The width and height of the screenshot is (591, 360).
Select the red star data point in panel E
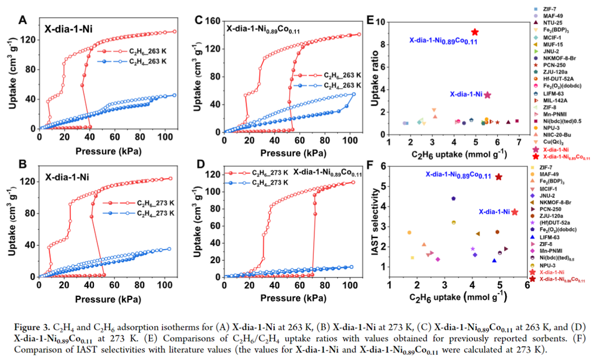click(475, 32)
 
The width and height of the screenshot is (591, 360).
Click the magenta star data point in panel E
click(488, 95)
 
